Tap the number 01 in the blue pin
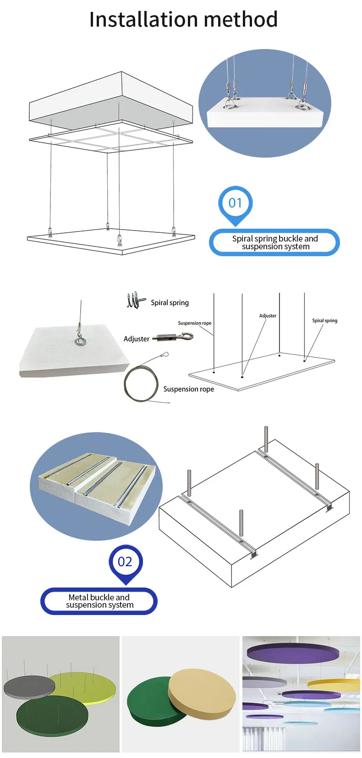coord(235,203)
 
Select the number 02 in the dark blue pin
coord(125,561)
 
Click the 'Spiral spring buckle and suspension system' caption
coord(274,242)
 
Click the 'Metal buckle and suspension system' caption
coord(99,601)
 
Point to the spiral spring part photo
coord(136,300)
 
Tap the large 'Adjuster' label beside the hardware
coord(136,339)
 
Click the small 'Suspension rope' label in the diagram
coord(195,323)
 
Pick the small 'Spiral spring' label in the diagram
coord(324,321)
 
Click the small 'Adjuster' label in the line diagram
coord(268,316)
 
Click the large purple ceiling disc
coord(293,653)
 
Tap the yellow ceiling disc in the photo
coord(335,683)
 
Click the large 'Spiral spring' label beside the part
coord(170,303)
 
